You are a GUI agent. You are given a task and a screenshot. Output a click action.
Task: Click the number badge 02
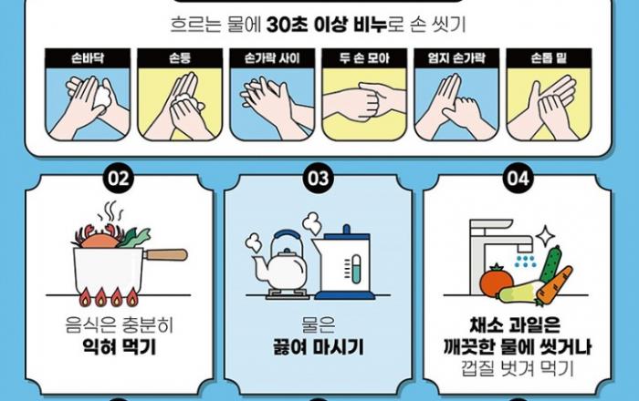[x=118, y=178]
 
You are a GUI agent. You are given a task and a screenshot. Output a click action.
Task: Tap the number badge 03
[x=318, y=178]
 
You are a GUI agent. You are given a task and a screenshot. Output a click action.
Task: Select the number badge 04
[x=518, y=178]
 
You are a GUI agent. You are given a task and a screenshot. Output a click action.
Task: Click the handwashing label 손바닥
[x=88, y=58]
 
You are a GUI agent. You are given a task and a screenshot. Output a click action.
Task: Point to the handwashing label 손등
[x=180, y=58]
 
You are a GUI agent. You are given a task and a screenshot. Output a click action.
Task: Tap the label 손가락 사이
[x=272, y=58]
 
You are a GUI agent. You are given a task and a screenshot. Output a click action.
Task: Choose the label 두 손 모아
[x=364, y=58]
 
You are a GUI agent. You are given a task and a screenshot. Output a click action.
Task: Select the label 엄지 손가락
[x=456, y=58]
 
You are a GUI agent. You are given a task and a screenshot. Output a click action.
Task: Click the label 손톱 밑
[x=549, y=58]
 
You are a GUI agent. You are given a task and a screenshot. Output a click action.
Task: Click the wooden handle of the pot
[x=166, y=254]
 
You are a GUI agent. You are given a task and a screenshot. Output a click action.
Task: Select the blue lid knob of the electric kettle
[x=346, y=230]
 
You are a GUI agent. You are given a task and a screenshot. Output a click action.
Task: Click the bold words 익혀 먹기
[x=119, y=347]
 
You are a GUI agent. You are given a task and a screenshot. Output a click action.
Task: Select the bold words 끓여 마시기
[x=318, y=347]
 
